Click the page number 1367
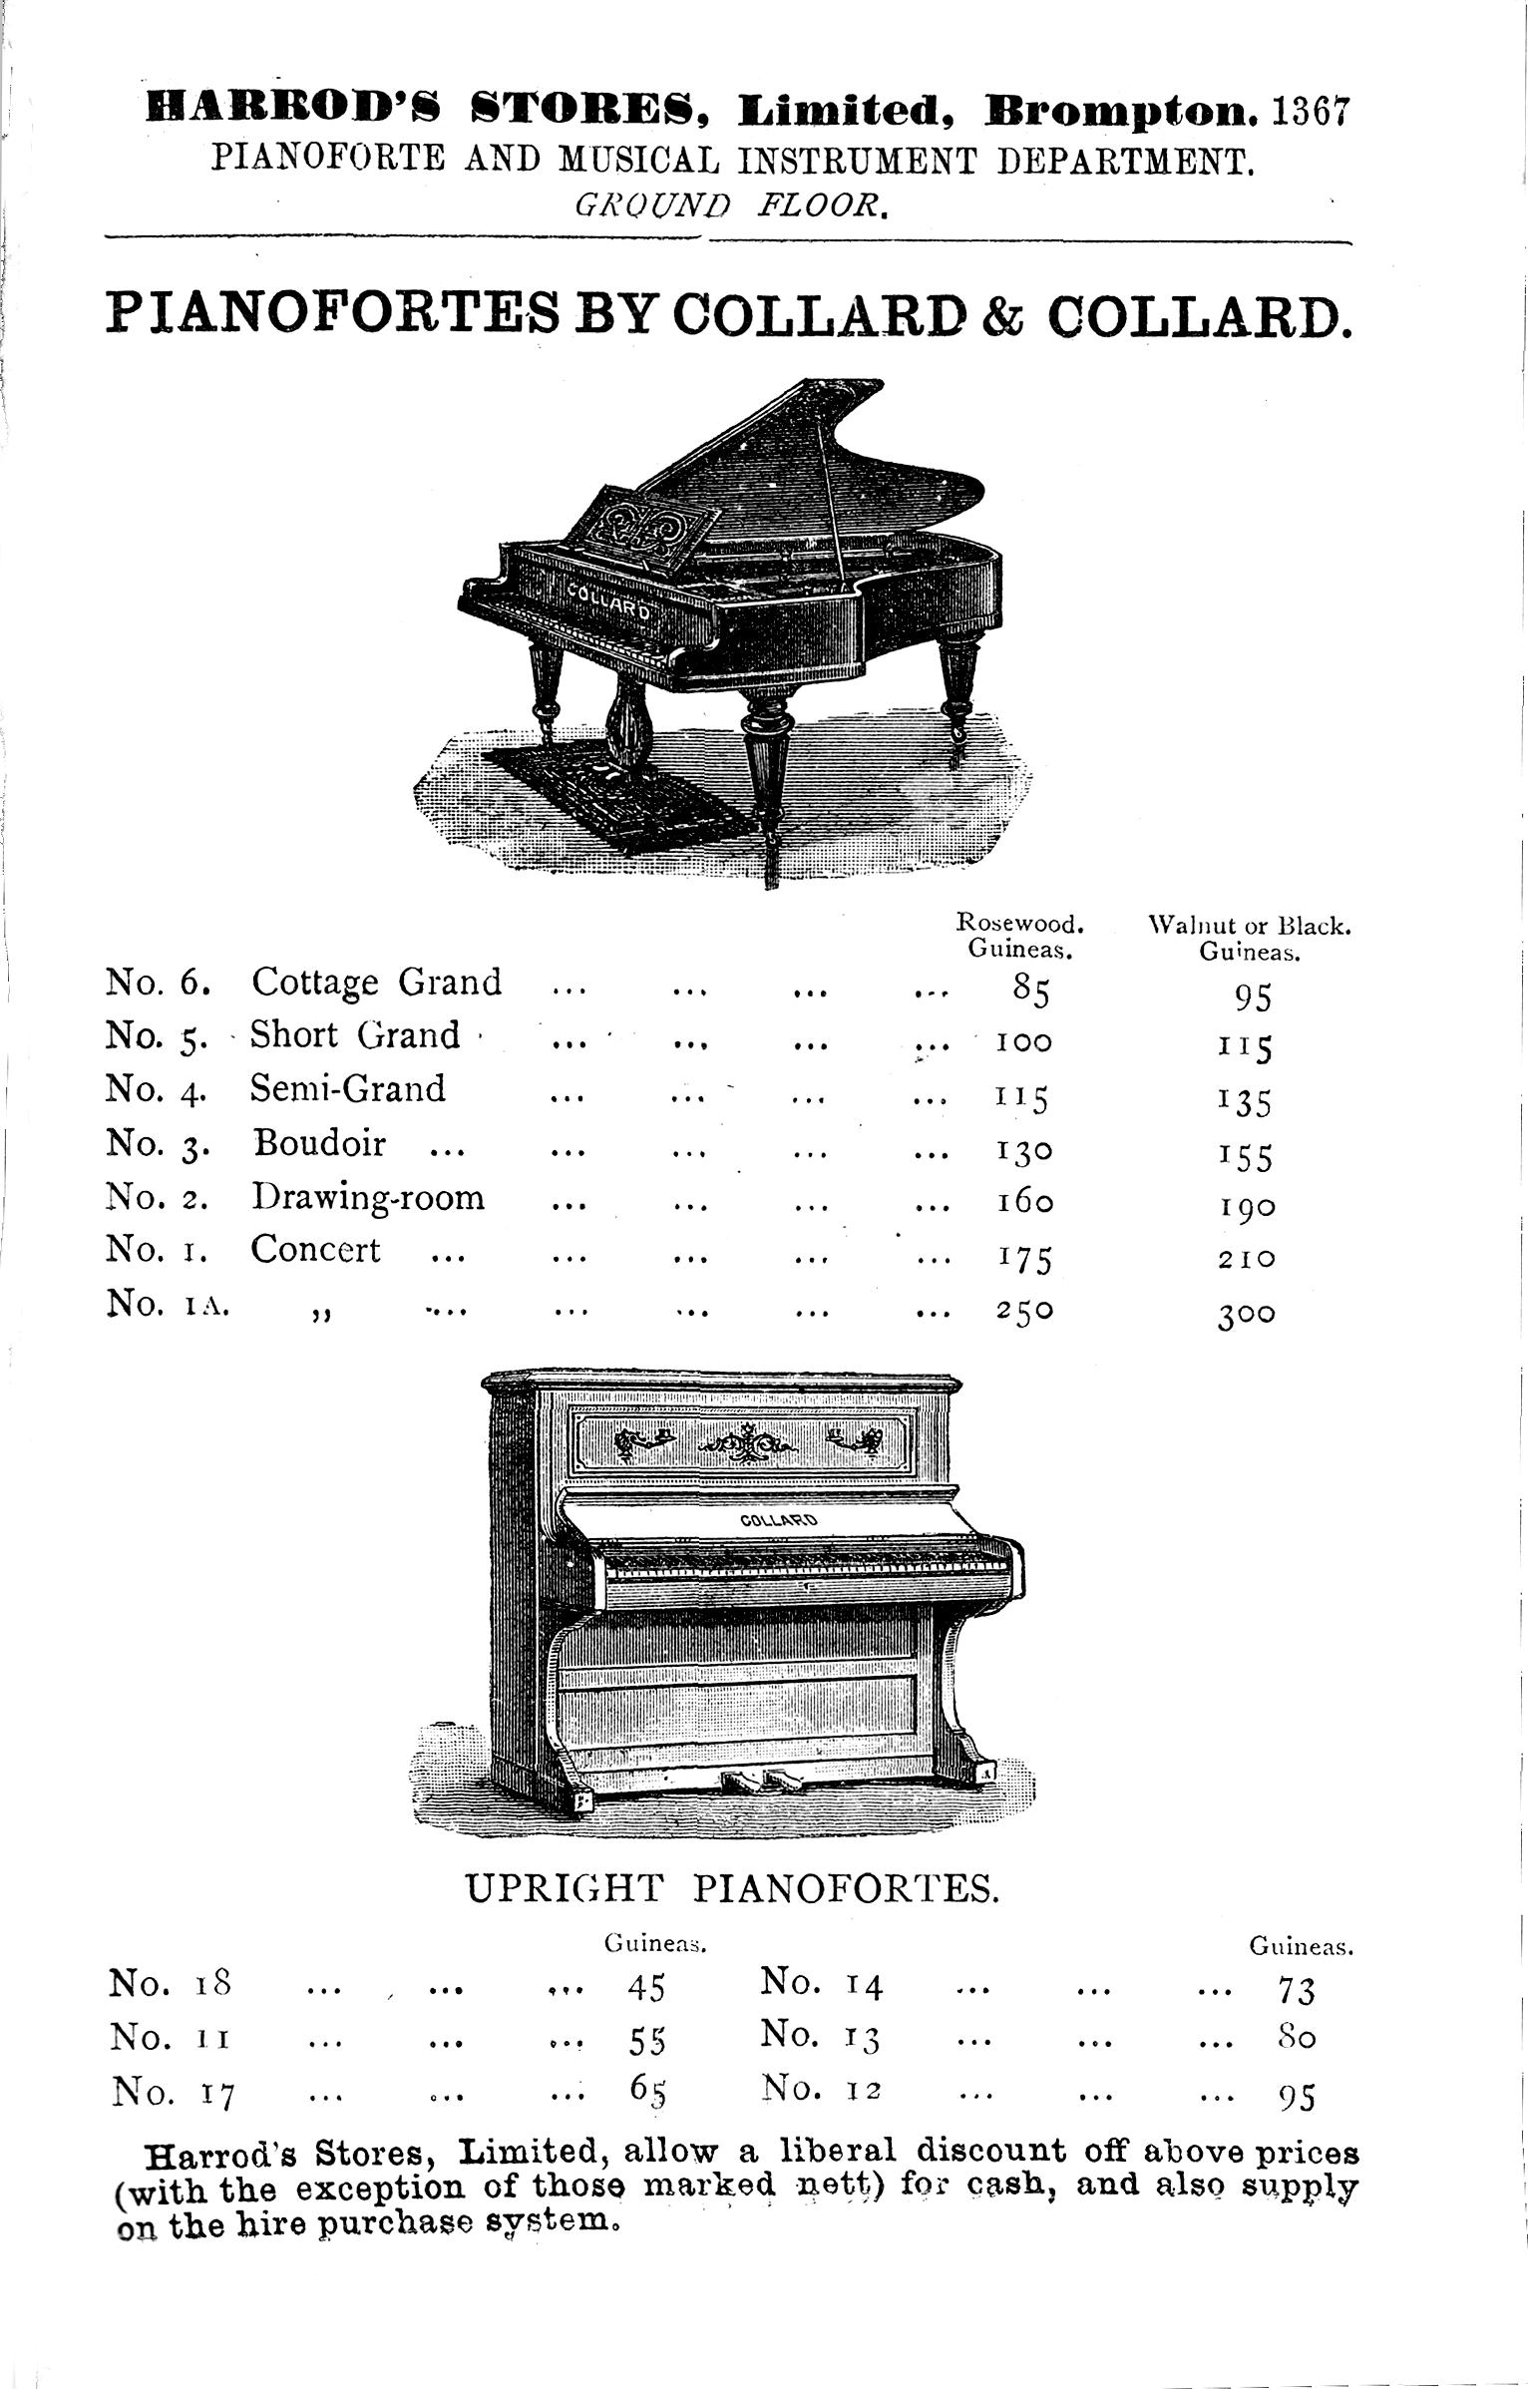click(x=1310, y=111)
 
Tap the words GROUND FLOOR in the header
click(x=729, y=205)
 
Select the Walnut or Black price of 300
click(x=1246, y=1315)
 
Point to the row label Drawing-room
click(x=367, y=1196)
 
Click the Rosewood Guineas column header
click(x=1019, y=935)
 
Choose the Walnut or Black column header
click(x=1250, y=937)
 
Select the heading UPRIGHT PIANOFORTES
click(x=733, y=1887)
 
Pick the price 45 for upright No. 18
click(x=645, y=1989)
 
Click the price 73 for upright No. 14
click(x=1296, y=1991)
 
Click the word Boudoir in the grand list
click(x=319, y=1142)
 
